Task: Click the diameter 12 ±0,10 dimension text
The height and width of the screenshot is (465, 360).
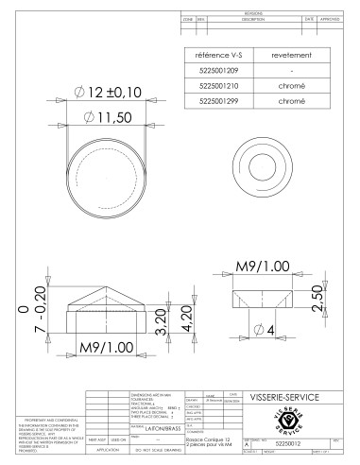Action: point(105,92)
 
